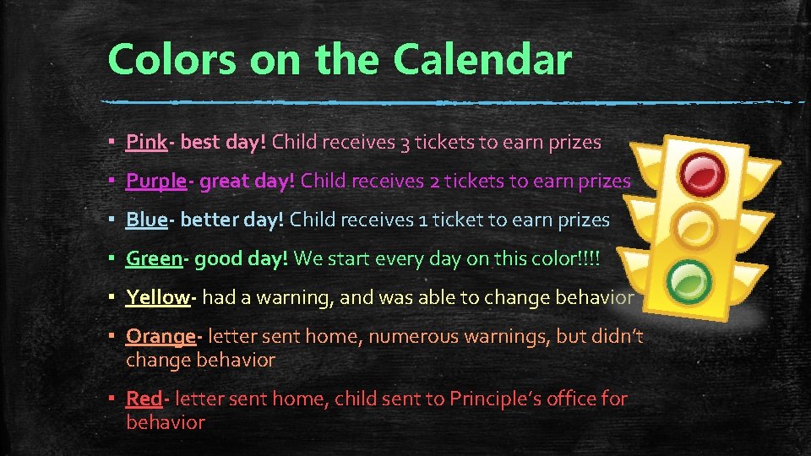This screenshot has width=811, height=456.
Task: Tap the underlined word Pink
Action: click(x=146, y=142)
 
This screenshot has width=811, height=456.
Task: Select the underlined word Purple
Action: click(x=156, y=181)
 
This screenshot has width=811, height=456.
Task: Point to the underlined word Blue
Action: click(x=147, y=220)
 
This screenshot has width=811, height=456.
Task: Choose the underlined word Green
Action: click(x=154, y=258)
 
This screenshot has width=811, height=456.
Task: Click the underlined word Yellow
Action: click(x=158, y=296)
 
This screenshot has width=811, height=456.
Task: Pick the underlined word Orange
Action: click(x=161, y=336)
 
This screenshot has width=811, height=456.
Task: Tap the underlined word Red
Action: click(x=144, y=398)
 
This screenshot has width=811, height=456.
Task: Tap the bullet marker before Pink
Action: click(x=112, y=142)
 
